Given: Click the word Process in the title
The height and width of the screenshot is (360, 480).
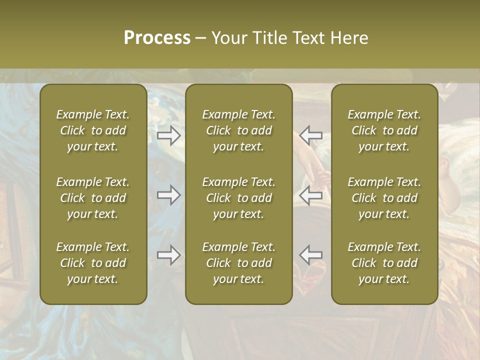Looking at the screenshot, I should pyautogui.click(x=157, y=38).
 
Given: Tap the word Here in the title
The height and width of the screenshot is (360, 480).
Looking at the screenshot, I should pyautogui.click(x=349, y=38).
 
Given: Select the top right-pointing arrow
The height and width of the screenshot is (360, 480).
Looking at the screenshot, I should pyautogui.click(x=168, y=135).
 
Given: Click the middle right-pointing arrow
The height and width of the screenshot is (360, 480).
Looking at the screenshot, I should pyautogui.click(x=168, y=195).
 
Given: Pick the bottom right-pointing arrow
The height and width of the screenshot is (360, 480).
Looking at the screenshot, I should pyautogui.click(x=168, y=255).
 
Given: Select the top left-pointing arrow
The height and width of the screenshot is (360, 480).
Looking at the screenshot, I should pyautogui.click(x=311, y=135).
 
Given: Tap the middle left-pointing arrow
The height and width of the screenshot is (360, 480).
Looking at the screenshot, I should pyautogui.click(x=311, y=195).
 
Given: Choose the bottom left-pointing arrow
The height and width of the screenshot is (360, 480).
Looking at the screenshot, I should pyautogui.click(x=311, y=255).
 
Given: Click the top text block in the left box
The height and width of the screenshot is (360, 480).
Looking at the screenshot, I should pyautogui.click(x=93, y=130).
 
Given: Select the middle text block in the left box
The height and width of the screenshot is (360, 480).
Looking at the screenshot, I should pyautogui.click(x=93, y=198).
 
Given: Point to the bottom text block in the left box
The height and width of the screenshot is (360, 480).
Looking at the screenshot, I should pyautogui.click(x=93, y=263).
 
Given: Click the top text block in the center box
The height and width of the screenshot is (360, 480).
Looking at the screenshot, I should pyautogui.click(x=238, y=130).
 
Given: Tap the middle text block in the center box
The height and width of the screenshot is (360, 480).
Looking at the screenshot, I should pyautogui.click(x=238, y=198).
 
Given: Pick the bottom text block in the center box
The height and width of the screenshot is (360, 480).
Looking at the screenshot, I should pyautogui.click(x=238, y=263).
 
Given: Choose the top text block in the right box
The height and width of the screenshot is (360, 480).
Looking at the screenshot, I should pyautogui.click(x=384, y=130).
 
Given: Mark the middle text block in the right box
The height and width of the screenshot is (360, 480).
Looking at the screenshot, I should pyautogui.click(x=384, y=198).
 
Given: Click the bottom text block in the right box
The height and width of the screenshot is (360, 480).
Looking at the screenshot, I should pyautogui.click(x=384, y=263).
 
